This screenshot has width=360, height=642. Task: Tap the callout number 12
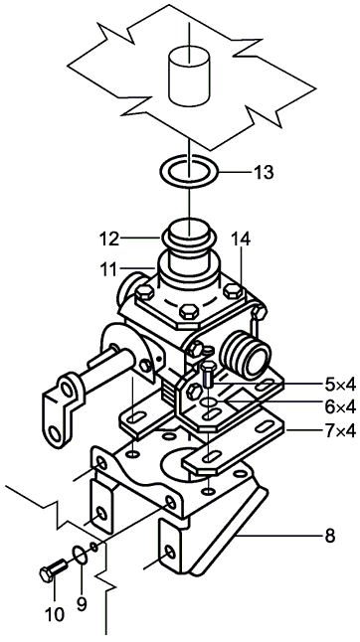click(x=108, y=239)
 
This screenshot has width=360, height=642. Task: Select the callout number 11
click(x=108, y=270)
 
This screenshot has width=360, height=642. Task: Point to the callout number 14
click(x=241, y=239)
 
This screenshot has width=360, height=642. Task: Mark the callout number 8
click(x=330, y=536)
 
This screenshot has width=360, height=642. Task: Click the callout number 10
click(x=55, y=614)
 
